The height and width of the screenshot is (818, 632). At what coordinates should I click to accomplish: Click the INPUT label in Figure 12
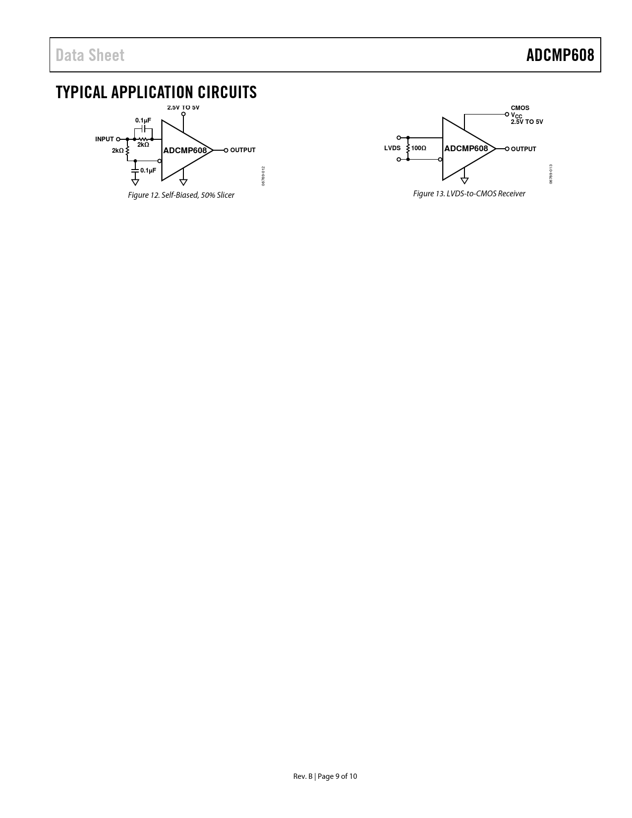104,139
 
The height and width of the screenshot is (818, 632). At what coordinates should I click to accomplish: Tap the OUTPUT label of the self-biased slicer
243,150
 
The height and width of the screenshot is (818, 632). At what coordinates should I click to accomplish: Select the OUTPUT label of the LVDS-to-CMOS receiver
523,149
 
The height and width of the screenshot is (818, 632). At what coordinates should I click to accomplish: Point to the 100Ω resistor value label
418,148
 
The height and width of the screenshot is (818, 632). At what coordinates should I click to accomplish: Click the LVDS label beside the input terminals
392,148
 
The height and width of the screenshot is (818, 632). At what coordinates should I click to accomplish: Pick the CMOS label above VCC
520,108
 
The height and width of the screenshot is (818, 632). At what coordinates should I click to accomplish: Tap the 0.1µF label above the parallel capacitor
143,120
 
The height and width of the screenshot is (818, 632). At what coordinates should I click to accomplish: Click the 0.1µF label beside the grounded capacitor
148,171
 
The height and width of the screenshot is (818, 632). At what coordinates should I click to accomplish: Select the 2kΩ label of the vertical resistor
117,151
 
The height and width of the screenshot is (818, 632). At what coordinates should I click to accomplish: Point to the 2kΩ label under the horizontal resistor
143,145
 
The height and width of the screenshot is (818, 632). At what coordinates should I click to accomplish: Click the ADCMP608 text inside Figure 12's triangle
185,151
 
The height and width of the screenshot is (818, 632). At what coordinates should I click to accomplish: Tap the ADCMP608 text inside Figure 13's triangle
466,149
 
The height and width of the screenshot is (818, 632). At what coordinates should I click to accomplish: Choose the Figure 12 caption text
181,195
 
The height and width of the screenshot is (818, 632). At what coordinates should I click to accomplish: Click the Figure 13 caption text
469,193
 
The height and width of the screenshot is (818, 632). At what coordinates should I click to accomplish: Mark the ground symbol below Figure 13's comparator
464,180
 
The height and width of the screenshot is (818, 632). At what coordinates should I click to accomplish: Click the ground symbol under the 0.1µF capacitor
135,182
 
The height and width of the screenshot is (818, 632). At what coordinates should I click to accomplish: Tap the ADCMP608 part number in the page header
560,56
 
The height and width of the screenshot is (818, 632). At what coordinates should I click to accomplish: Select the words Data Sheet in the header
90,56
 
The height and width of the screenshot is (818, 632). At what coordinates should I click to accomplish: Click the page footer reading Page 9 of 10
337,776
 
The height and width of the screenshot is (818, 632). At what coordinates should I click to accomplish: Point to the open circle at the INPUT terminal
118,139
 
